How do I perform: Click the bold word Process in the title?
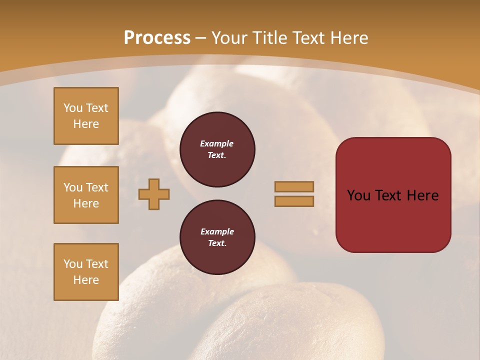[157, 38]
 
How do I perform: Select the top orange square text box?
[86, 116]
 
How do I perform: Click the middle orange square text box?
[86, 195]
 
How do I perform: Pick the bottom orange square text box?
[86, 272]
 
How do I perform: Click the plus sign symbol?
[154, 194]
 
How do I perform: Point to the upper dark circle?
[217, 149]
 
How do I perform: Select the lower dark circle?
[217, 237]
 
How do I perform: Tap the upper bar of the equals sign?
[294, 186]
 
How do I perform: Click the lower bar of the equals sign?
[294, 201]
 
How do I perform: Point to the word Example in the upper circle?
[217, 143]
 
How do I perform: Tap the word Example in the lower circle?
[217, 231]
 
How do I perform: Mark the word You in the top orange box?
[73, 108]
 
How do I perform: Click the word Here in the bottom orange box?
[86, 280]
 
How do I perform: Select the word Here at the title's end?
[348, 38]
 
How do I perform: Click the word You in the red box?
[358, 195]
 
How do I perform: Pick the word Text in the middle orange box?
[97, 187]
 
